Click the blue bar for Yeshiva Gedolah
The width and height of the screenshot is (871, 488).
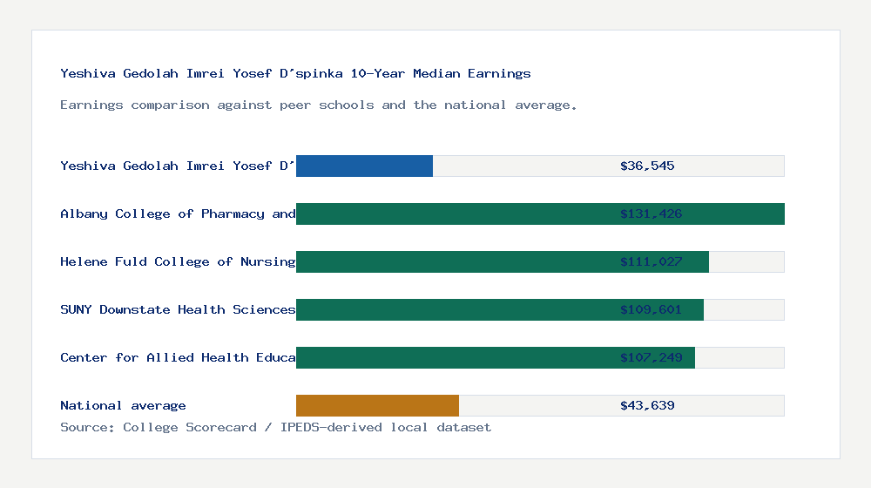pyautogui.click(x=364, y=166)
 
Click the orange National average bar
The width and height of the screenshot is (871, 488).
pyautogui.click(x=377, y=405)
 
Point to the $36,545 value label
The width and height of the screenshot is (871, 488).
pyautogui.click(x=647, y=166)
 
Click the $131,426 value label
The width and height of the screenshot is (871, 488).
pyautogui.click(x=651, y=213)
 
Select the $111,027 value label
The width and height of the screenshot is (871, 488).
pyautogui.click(x=651, y=261)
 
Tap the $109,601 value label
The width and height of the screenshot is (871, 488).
pyautogui.click(x=651, y=309)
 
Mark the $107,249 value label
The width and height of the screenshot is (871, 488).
pyautogui.click(x=651, y=357)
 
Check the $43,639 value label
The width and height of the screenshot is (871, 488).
pyautogui.click(x=647, y=405)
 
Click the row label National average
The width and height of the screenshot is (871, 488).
pyautogui.click(x=123, y=405)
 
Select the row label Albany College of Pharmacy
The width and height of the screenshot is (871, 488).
pyautogui.click(x=178, y=213)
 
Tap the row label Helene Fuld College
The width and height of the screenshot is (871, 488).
pyautogui.click(x=178, y=261)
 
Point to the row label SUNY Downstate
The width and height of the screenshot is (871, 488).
pyautogui.click(x=178, y=309)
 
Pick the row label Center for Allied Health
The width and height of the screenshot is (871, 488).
pyautogui.click(x=178, y=357)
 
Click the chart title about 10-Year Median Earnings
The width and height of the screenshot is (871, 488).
pyautogui.click(x=295, y=73)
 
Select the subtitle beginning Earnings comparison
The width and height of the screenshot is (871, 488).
pyautogui.click(x=319, y=105)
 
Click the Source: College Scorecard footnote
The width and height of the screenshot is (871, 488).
pyautogui.click(x=275, y=427)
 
